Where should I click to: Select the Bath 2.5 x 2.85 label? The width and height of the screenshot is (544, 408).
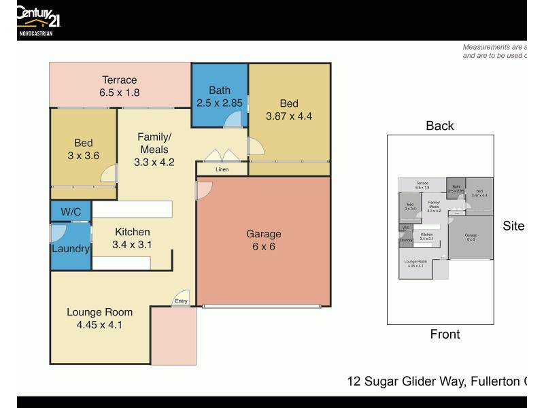tap(219, 97)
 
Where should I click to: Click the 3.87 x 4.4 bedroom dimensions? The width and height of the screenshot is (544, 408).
tap(289, 116)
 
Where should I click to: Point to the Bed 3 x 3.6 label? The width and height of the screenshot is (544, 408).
tap(84, 149)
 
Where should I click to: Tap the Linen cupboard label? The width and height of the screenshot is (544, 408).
tap(222, 169)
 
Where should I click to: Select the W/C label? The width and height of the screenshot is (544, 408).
tap(71, 212)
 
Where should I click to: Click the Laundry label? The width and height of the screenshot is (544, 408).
tap(71, 249)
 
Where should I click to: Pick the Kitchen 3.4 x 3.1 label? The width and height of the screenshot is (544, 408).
tap(132, 238)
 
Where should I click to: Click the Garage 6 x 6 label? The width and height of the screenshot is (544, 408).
tap(264, 240)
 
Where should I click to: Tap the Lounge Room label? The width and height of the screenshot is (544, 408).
tap(99, 318)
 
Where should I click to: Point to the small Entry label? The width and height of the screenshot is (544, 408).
tap(181, 301)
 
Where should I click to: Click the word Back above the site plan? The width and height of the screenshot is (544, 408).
tap(440, 125)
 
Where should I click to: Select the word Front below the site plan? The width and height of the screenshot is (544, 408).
tap(445, 334)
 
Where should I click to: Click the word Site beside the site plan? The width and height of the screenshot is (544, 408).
tap(513, 226)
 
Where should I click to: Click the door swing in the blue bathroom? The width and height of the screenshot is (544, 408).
tap(233, 120)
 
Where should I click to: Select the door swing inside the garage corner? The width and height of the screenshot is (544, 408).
tap(203, 190)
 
